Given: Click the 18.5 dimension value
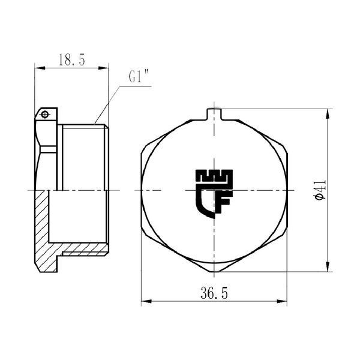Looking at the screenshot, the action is point(72,60).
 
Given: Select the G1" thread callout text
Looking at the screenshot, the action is point(139,76).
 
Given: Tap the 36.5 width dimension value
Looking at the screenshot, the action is point(214,293).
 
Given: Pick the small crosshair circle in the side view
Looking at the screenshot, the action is point(45,114).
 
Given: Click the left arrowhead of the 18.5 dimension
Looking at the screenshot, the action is point(40,68).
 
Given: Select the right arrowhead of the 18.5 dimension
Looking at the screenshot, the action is point(103,68).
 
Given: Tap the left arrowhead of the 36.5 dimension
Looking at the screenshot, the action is point(146,301).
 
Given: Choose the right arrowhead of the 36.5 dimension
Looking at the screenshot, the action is point(282,301).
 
